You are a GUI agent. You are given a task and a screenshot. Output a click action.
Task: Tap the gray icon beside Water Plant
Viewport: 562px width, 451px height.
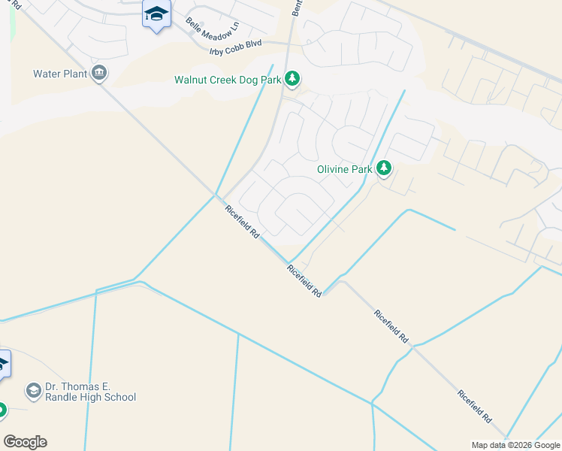click(99, 74)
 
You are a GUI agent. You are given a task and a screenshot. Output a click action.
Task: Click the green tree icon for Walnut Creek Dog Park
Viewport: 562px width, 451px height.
click(292, 79)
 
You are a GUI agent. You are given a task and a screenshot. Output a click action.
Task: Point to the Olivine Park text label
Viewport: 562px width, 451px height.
click(345, 169)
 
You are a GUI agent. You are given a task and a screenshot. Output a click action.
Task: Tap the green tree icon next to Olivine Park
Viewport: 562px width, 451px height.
click(384, 168)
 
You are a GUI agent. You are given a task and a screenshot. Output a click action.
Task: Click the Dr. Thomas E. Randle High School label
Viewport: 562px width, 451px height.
click(90, 392)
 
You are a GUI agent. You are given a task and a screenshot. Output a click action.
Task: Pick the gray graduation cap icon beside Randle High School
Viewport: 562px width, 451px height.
click(33, 391)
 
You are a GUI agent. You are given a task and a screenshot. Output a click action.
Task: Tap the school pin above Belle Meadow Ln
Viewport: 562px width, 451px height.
click(156, 15)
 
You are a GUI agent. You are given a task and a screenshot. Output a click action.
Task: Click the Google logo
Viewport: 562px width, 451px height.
click(25, 442)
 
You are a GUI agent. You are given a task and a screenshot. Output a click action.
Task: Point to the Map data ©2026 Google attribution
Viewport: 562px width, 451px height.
click(516, 445)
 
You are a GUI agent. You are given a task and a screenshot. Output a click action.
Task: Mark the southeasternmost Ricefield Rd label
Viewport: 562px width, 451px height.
click(475, 407)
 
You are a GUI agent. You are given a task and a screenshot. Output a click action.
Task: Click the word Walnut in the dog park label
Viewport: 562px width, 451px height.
click(191, 79)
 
